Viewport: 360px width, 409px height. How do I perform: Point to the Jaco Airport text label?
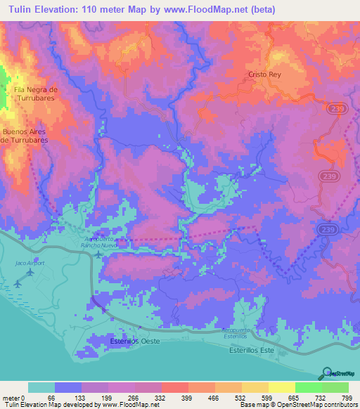(30, 263)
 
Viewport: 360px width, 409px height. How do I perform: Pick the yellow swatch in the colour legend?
(281, 387)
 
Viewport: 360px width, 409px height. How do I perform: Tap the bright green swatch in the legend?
(308, 387)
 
